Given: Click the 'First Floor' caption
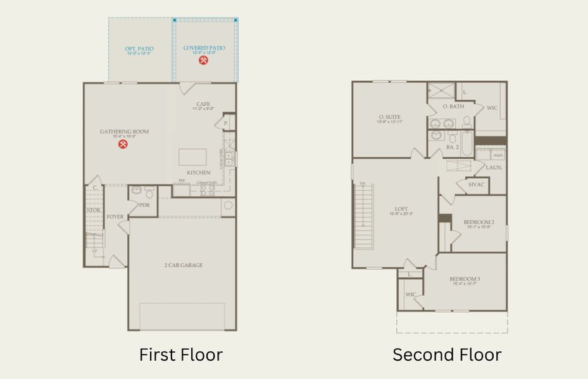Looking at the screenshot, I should pyautogui.click(x=180, y=355).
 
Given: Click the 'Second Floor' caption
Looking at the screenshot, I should pyautogui.click(x=447, y=355).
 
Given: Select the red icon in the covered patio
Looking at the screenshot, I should pyautogui.click(x=204, y=61).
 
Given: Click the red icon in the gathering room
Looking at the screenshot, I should pyautogui.click(x=123, y=145).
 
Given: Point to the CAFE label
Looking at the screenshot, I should pyautogui.click(x=203, y=104).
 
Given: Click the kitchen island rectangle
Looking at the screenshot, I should pyautogui.click(x=192, y=157).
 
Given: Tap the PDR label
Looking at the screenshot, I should pyautogui.click(x=144, y=205).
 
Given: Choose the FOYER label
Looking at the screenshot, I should pyautogui.click(x=115, y=217).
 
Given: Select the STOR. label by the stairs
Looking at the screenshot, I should pyautogui.click(x=93, y=210).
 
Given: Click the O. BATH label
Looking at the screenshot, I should pyautogui.click(x=453, y=106).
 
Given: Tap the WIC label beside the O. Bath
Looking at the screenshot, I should pyautogui.click(x=492, y=108).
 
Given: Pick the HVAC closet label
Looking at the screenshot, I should pyautogui.click(x=476, y=185).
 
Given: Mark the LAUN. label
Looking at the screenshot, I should pyautogui.click(x=494, y=167).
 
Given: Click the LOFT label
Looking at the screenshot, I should pyautogui.click(x=401, y=209).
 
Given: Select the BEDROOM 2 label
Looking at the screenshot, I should pyautogui.click(x=479, y=222).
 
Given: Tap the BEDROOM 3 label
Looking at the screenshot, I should pyautogui.click(x=465, y=279).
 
